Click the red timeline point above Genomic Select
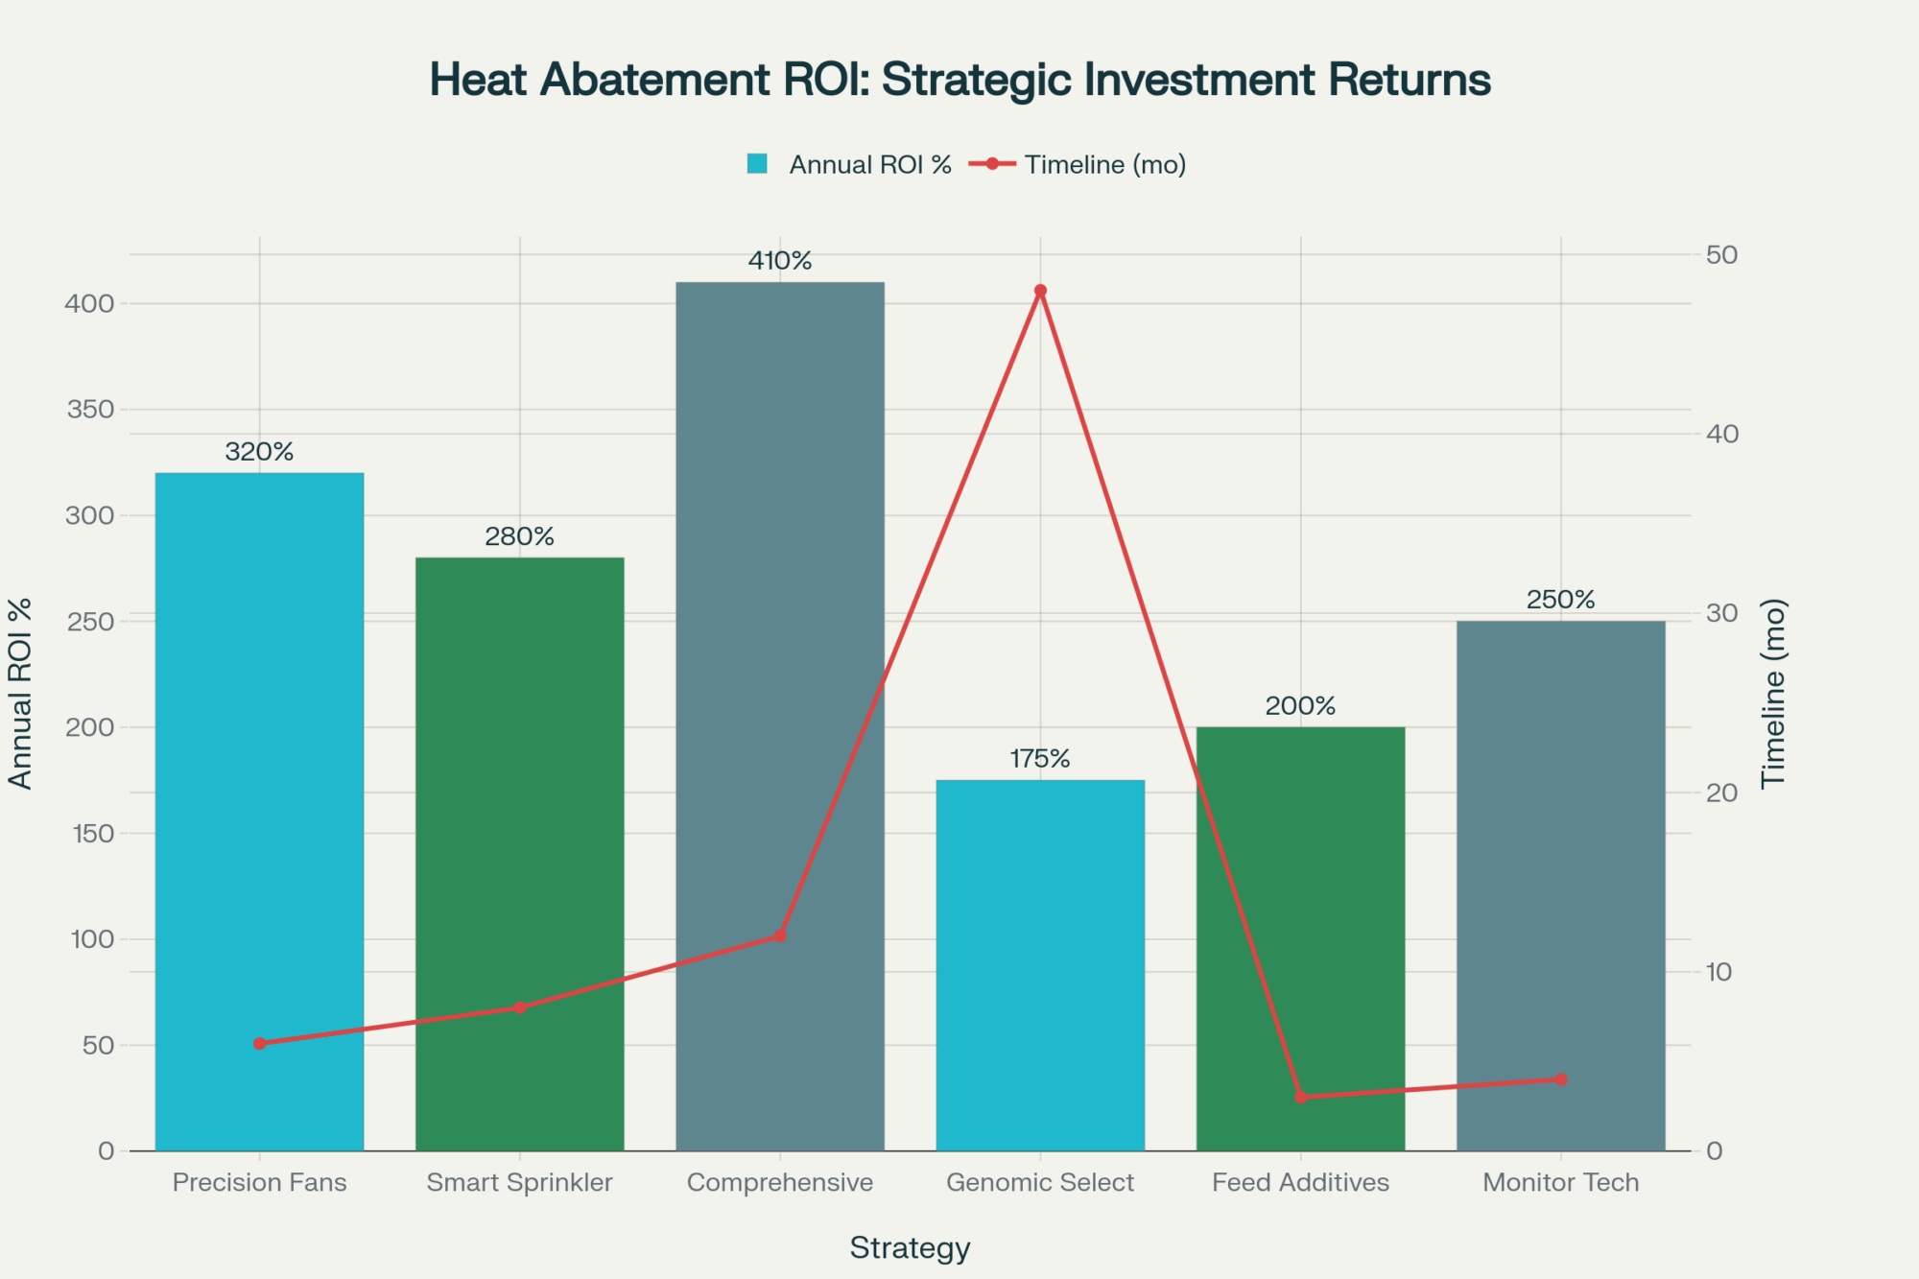[1040, 291]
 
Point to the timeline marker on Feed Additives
[1300, 1097]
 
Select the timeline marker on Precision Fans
[259, 1043]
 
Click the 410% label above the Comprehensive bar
[779, 261]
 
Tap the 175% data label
[1040, 759]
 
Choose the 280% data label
[519, 536]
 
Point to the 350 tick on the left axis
[90, 410]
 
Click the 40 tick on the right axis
[1721, 434]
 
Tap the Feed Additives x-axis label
[1300, 1182]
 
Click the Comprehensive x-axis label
[779, 1182]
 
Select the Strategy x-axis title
[910, 1247]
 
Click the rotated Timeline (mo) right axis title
[1773, 693]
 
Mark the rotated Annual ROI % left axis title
[20, 693]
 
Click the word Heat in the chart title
[477, 80]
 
